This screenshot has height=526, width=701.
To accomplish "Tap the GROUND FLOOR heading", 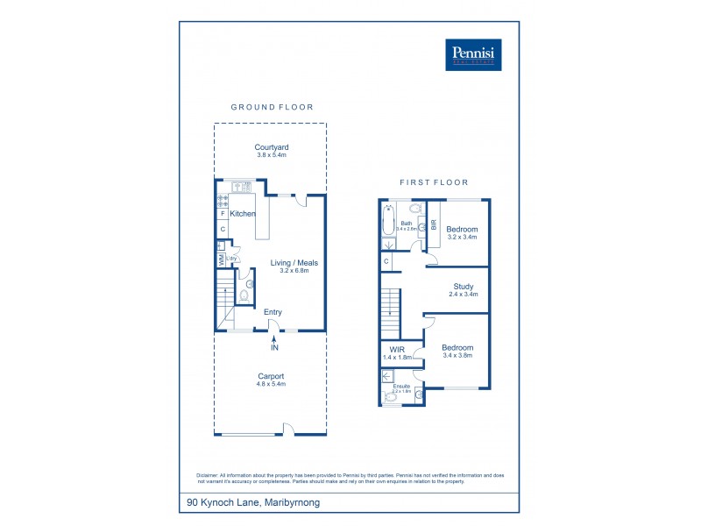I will coord(272,107).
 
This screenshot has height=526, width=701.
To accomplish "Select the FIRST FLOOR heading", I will coord(434,182).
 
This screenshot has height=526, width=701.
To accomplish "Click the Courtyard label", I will coord(272,147).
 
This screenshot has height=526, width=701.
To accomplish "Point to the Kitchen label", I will coord(243,214).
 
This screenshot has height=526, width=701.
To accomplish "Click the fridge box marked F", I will coord(223,214).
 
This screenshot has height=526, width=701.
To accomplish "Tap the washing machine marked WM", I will coord(221,259).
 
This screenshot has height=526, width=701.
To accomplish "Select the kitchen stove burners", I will coord(222,199).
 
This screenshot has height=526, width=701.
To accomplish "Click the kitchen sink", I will coord(240,187).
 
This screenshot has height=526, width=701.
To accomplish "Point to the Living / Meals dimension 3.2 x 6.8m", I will coord(294,271).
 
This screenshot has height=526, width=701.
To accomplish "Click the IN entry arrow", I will coord(274,342).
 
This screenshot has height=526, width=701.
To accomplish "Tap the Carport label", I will coord(272,376).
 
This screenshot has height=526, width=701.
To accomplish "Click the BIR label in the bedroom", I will coord(433,224).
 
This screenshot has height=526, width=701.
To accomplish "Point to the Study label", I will coord(464,286).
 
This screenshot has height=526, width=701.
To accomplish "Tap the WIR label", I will coord(396,349).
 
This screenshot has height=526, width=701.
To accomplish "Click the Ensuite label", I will coord(400,386).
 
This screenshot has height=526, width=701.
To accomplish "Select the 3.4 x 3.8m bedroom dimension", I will coord(458,357).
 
